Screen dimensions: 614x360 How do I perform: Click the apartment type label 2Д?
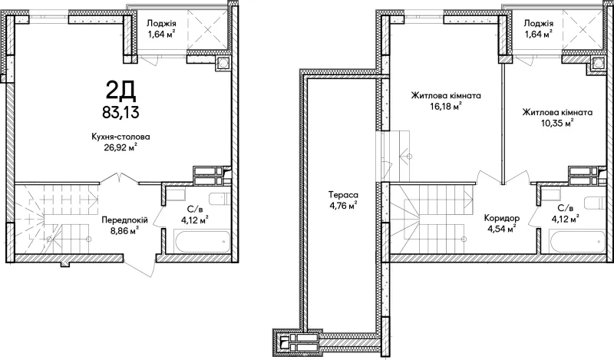pos(120,91)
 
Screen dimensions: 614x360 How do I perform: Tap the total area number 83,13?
pos(120,112)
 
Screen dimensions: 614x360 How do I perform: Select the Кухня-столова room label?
pos(120,137)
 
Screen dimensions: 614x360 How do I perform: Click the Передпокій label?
pos(124,220)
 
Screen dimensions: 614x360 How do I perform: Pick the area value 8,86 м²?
pos(124,231)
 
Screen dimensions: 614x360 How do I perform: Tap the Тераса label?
pos(343,194)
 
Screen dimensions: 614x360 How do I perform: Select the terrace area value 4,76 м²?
pos(343,205)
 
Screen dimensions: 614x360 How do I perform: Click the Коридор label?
pos(502,218)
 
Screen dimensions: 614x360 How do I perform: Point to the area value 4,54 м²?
pos(502,229)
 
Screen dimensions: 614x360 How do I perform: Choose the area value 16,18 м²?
pos(446,106)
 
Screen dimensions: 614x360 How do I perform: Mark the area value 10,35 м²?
pos(557,123)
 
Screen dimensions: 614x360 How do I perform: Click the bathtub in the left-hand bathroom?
pos(203,241)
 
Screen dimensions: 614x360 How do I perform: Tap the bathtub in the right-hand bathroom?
pos(577,241)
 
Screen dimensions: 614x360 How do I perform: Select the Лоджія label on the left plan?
pos(161,24)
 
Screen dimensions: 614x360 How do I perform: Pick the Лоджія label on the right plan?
pos(539,24)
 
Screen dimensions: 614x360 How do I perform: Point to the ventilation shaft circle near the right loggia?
pos(598,64)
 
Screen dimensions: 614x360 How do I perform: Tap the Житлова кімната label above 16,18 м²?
pos(446,95)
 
